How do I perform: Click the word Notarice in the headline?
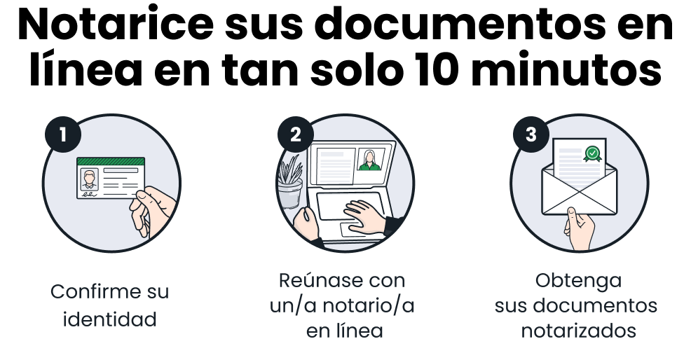[x=116, y=25]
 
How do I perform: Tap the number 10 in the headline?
[x=435, y=69]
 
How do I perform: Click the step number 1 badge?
[x=63, y=134]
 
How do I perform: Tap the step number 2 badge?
[x=295, y=134]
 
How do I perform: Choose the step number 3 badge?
[x=531, y=134]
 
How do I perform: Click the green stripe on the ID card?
[x=111, y=161]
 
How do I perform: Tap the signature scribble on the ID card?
[x=88, y=193]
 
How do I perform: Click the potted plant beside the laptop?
[x=290, y=181]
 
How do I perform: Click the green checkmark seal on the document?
[x=593, y=154]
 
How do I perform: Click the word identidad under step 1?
[x=110, y=319]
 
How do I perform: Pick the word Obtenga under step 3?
[x=579, y=281]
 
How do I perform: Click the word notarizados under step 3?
[x=579, y=331]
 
